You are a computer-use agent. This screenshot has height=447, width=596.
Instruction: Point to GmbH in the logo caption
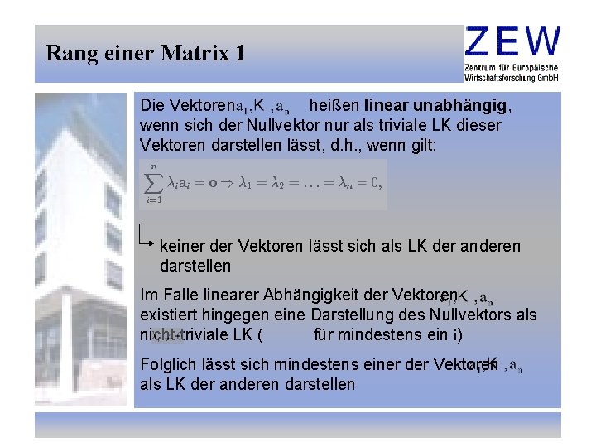point(546,77)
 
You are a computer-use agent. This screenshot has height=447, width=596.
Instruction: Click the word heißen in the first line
point(334,106)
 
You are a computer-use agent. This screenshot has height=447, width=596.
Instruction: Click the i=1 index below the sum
point(154,199)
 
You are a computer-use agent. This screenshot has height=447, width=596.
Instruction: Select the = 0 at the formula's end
point(368,183)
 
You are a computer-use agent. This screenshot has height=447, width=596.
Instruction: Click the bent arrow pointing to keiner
point(147,238)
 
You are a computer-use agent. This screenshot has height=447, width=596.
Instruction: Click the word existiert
point(168,315)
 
